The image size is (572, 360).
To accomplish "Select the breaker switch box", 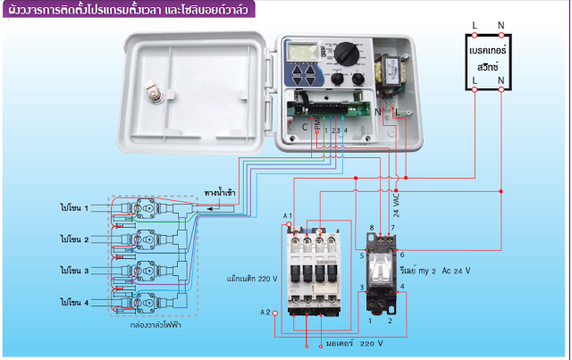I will click(x=487, y=60).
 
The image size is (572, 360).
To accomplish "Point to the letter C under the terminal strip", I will click(x=305, y=129).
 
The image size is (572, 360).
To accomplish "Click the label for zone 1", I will click(x=75, y=207).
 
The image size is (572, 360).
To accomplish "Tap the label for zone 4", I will click(x=75, y=302).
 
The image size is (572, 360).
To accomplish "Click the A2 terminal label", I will click(x=265, y=312).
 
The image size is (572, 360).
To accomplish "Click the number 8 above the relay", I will click(x=372, y=229).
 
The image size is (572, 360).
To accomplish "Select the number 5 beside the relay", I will click(x=362, y=255).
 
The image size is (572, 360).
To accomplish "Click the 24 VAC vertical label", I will click(x=396, y=205).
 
